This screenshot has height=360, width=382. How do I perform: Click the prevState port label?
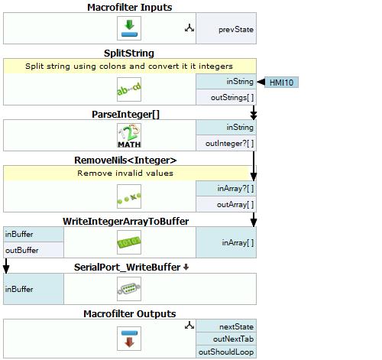(236, 30)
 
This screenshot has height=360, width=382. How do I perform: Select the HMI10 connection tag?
(281, 83)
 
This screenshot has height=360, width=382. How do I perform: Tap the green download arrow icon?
(129, 28)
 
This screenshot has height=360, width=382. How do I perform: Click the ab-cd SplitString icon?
(129, 89)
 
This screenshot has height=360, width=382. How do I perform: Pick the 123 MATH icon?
(129, 135)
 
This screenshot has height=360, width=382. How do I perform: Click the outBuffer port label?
(22, 250)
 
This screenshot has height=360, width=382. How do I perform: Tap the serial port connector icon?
(129, 289)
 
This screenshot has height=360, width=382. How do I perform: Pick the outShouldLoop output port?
(226, 352)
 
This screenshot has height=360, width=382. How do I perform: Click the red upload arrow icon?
(129, 339)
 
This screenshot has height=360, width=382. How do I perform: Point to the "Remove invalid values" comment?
(125, 174)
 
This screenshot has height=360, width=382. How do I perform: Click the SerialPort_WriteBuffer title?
(128, 268)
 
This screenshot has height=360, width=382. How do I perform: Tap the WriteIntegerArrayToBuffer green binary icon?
(129, 242)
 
